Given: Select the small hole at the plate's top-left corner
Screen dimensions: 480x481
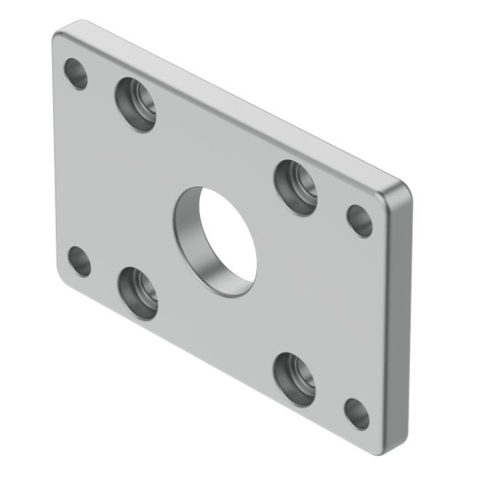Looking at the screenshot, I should (x=75, y=73).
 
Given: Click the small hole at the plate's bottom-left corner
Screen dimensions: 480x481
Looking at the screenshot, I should (x=79, y=261).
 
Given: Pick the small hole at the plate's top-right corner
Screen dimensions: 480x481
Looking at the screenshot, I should (x=359, y=221).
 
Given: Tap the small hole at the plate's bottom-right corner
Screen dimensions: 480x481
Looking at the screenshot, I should (x=356, y=413).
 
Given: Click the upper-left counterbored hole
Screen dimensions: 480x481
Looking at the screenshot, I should (x=135, y=104).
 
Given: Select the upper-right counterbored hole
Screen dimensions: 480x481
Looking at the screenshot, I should (x=296, y=187).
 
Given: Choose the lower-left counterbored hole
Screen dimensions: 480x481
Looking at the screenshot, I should (x=138, y=293).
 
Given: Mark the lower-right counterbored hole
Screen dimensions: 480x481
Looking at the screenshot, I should (x=294, y=378).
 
